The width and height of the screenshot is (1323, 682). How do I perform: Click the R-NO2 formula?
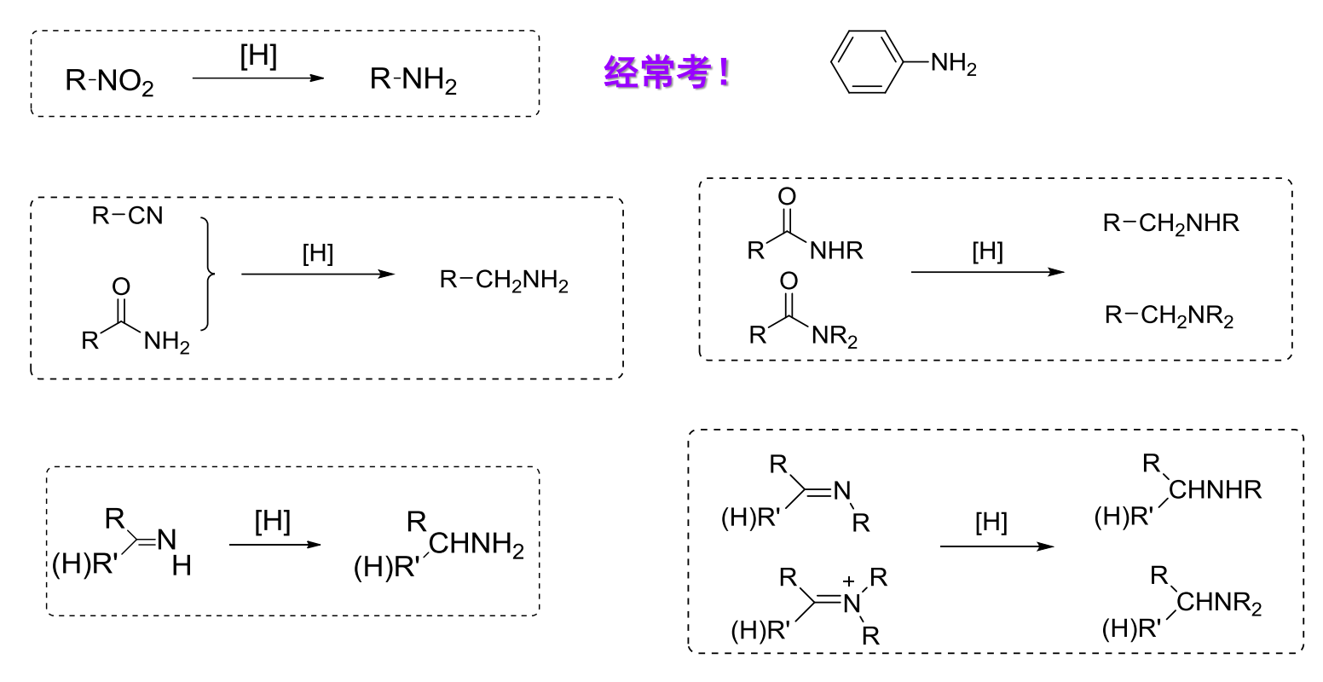[109, 81]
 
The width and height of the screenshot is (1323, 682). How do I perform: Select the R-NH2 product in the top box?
[413, 80]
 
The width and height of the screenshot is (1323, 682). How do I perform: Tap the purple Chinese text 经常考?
[667, 72]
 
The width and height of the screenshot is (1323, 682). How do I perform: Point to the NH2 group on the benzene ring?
[953, 63]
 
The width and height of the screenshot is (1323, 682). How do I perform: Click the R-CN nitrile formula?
[128, 216]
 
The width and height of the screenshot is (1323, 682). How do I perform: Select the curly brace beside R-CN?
[208, 274]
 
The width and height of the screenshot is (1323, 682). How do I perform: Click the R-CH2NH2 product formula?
[504, 280]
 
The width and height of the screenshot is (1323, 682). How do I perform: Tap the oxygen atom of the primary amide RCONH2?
[121, 287]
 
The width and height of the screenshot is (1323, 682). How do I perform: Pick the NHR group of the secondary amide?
[836, 251]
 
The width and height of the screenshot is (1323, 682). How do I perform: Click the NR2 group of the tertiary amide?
[835, 336]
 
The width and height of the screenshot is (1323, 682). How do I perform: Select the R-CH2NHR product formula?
[1171, 223]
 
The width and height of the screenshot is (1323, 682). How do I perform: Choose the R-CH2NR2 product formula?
[1170, 316]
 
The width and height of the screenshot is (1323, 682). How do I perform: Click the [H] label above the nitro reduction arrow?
[258, 56]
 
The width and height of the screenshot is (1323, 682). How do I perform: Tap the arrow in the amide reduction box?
[987, 272]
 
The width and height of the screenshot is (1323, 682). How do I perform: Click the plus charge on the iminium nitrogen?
[848, 581]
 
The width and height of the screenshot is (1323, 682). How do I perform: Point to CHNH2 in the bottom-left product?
[476, 544]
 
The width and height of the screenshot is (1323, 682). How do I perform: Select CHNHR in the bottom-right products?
[1215, 489]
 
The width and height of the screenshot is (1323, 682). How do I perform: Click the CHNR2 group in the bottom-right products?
[1219, 603]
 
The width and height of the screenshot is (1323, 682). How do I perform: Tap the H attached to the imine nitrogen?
[182, 566]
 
